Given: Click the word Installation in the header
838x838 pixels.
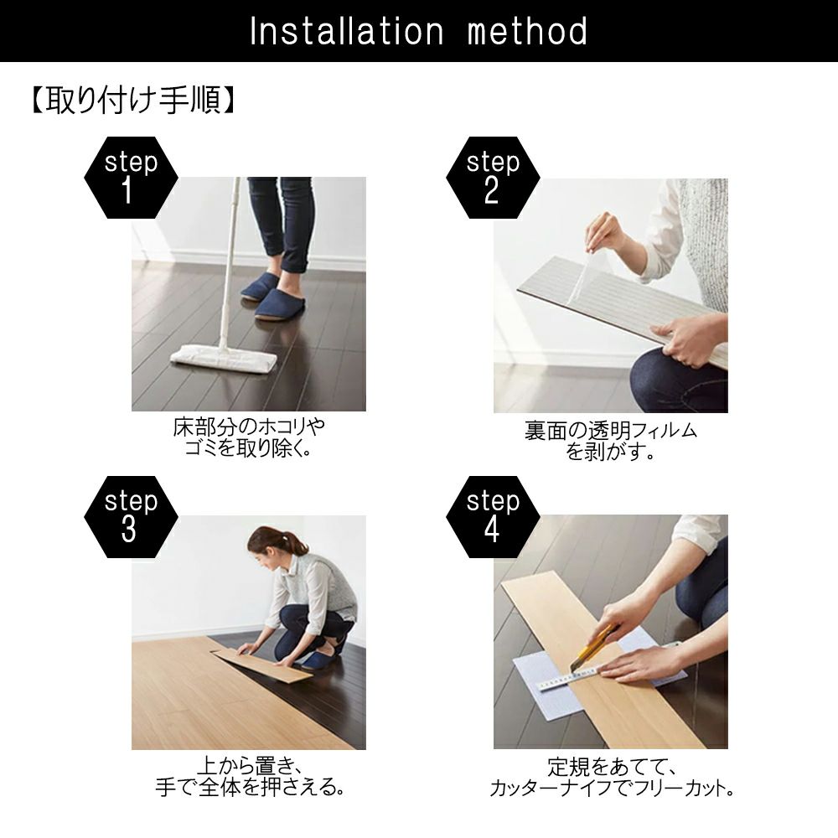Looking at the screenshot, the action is (346, 31).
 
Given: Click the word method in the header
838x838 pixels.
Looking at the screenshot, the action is (527, 31).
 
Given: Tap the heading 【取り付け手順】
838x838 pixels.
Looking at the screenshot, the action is (132, 101).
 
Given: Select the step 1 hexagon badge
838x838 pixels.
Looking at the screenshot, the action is (131, 178).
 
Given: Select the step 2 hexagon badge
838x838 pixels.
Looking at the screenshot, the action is (493, 178).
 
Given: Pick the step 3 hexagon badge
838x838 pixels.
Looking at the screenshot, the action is (131, 517).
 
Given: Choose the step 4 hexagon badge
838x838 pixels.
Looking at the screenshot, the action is (493, 517).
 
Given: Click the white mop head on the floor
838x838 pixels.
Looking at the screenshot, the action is (224, 359).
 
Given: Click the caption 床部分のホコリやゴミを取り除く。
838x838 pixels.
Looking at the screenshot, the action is (249, 437).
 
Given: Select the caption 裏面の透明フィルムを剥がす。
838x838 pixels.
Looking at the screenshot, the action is (611, 442).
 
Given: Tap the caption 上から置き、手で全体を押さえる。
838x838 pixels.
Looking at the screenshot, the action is (250, 777).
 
